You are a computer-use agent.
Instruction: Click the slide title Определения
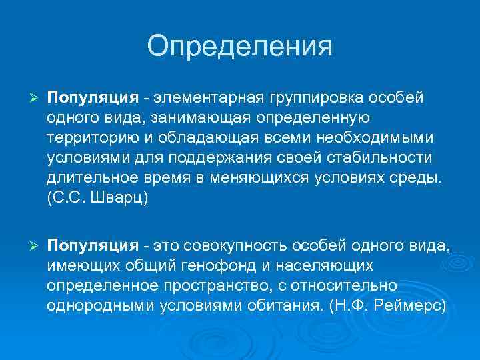pos(239,47)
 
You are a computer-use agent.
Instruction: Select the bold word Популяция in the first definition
pos(92,98)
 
